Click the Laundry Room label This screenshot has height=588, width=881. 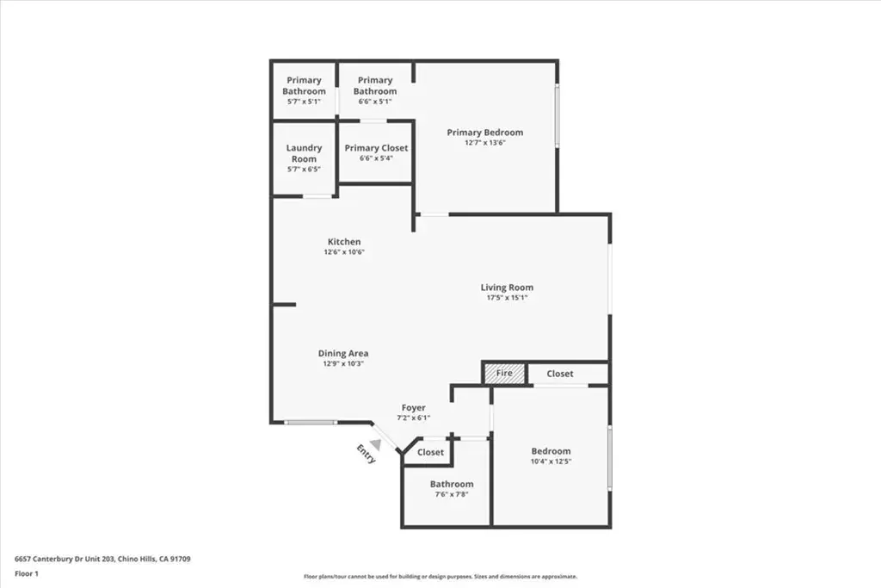coord(304,153)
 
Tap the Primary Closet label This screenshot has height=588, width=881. coord(377,148)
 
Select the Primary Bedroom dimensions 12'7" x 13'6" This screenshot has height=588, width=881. coord(485,143)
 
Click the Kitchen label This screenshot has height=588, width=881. coord(344,242)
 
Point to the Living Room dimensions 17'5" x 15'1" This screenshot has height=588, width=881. coord(507,297)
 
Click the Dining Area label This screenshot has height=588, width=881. coord(343,353)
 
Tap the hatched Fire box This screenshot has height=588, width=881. coord(504,374)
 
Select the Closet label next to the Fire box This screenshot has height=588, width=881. coord(560,374)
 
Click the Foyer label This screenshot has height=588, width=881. coord(414,407)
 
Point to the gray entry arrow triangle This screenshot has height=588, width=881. coord(376,444)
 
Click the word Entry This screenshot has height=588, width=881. coord(366,455)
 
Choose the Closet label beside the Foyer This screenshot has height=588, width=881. coord(430,452)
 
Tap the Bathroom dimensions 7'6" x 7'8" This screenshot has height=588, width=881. coord(452,495)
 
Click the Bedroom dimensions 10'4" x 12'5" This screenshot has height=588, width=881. coord(551,461)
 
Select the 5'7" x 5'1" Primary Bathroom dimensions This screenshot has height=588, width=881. coord(304,102)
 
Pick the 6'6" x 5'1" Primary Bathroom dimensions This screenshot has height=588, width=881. coord(375,102)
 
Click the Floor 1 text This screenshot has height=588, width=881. coord(27,574)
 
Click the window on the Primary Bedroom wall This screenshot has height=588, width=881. coord(558,116)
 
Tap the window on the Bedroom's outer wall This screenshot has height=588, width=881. coord(610,458)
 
